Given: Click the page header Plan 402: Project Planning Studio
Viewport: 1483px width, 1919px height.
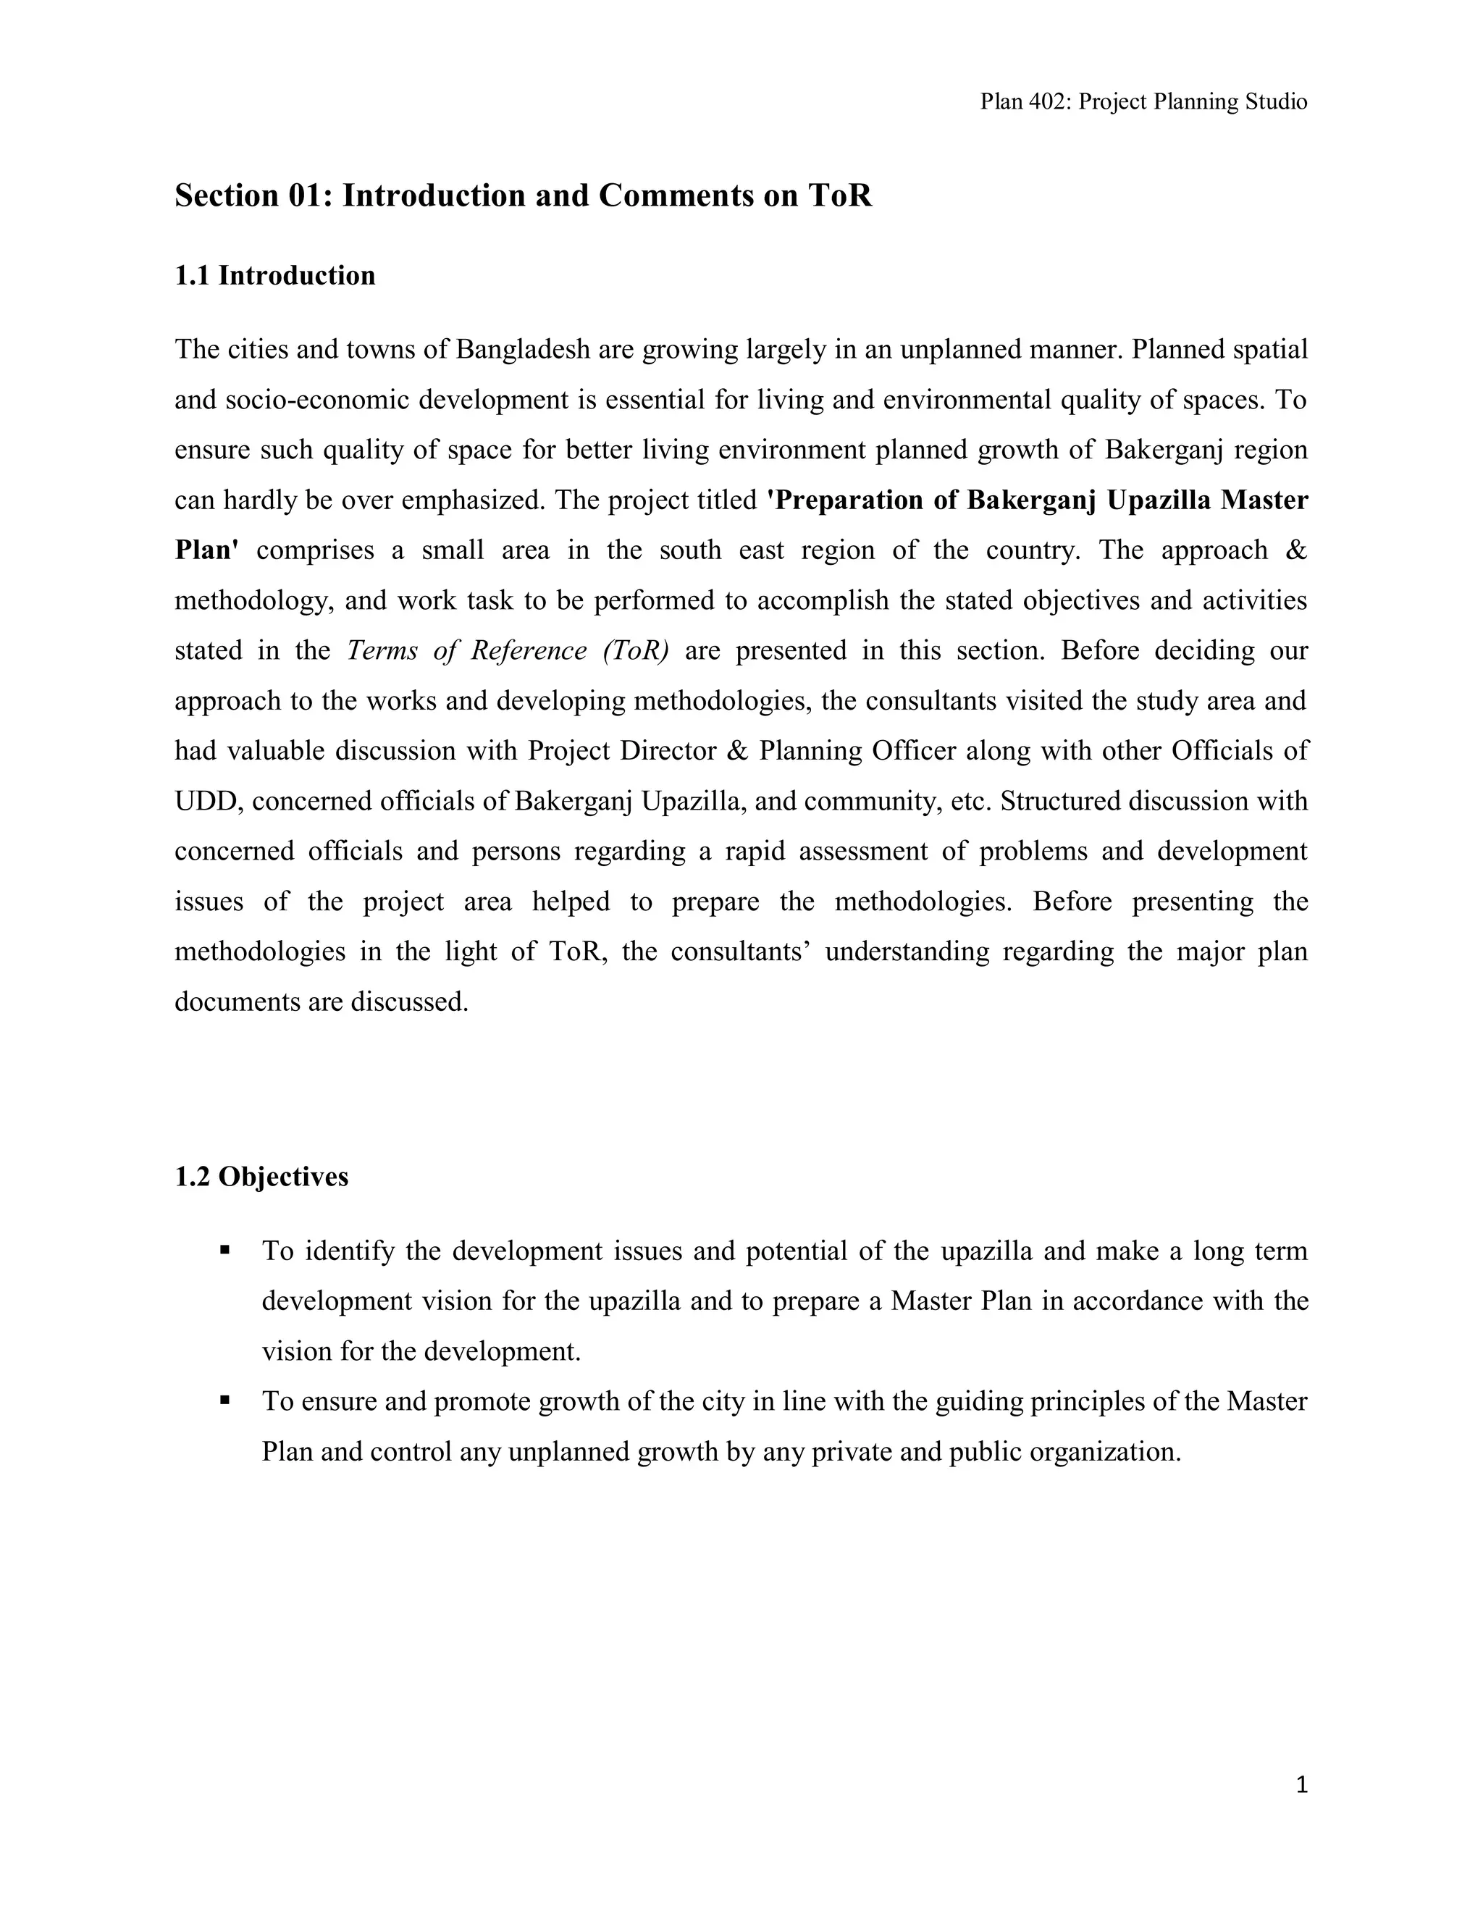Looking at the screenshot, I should (x=1143, y=102).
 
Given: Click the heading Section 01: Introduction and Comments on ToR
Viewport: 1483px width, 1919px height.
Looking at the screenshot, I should (x=523, y=195).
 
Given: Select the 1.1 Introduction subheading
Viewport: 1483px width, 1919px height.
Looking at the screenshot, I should (x=275, y=276).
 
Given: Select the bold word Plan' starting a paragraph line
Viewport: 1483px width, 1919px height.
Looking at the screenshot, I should (x=206, y=551).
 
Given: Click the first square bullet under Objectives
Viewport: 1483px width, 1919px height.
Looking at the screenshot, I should (x=225, y=1249).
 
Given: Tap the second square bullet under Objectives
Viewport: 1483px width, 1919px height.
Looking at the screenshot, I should (x=225, y=1400).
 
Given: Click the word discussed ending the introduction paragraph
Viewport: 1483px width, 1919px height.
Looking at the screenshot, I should (x=409, y=1002).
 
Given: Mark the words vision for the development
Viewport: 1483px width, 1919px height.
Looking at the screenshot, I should (x=421, y=1351).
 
